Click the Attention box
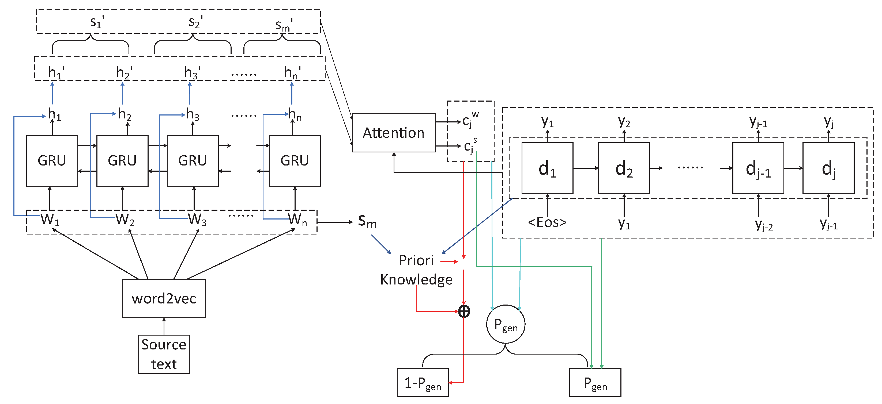coord(394,133)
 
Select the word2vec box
coord(164,298)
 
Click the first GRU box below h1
coord(52,161)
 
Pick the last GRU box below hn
coord(295,161)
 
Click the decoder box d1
coord(547,168)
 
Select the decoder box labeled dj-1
coord(758,168)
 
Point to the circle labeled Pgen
coord(506,324)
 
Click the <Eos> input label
coord(547,222)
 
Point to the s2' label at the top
coord(195,22)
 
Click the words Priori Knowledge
coord(416,270)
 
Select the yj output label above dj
coord(829,121)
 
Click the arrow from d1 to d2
coord(586,168)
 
